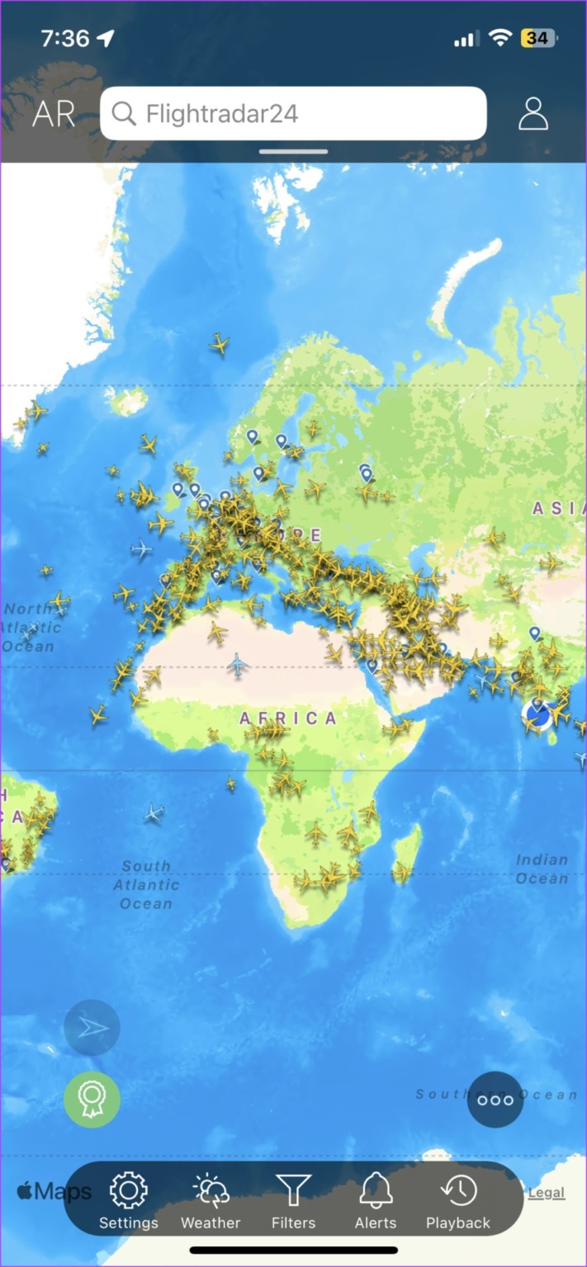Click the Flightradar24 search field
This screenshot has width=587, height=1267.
293,113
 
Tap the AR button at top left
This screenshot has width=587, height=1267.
54,114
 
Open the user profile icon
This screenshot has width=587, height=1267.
533,114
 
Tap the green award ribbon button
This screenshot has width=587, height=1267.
92,1100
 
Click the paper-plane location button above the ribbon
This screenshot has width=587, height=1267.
92,1028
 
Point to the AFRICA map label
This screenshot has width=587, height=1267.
288,718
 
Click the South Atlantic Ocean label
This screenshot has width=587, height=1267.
146,884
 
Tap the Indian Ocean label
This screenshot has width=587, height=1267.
542,869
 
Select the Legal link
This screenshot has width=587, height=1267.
547,1193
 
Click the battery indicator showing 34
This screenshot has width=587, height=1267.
537,38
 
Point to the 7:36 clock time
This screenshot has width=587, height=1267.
66,38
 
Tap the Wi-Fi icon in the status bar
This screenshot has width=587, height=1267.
499,38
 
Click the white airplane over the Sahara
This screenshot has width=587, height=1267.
238,664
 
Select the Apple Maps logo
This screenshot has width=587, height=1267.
54,1191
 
